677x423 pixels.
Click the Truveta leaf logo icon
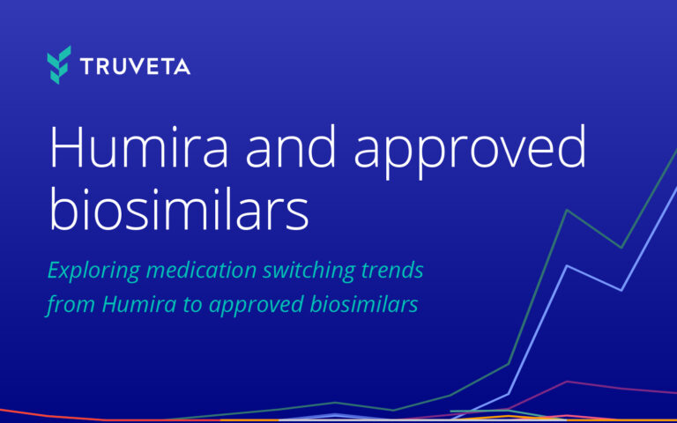tap(59, 65)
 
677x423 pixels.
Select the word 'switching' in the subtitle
tap(310, 271)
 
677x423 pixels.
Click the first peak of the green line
tap(566, 210)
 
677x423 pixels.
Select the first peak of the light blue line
tap(567, 265)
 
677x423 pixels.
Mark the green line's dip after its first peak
tap(621, 248)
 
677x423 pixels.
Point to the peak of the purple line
tap(567, 381)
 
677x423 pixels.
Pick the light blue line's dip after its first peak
tap(622, 289)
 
